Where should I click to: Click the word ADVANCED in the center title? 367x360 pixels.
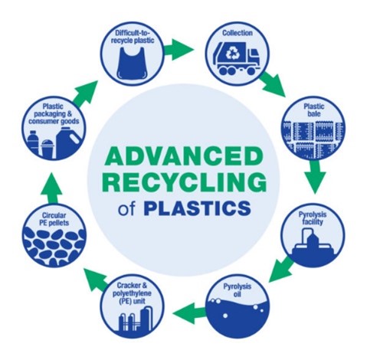pyautogui.click(x=184, y=155)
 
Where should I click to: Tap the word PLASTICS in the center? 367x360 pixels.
pyautogui.click(x=197, y=208)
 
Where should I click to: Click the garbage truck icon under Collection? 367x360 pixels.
pyautogui.click(x=237, y=59)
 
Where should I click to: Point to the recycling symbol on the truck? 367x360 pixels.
pyautogui.click(x=232, y=54)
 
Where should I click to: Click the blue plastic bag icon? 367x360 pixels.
pyautogui.click(x=132, y=64)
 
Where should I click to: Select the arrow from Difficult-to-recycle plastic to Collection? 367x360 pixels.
pyautogui.click(x=179, y=49)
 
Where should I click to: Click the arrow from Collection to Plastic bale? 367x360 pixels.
pyautogui.click(x=273, y=84)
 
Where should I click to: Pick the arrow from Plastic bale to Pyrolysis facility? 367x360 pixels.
pyautogui.click(x=315, y=176)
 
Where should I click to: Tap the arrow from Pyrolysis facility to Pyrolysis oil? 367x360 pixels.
pyautogui.click(x=281, y=269)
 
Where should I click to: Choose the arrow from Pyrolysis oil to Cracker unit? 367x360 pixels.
pyautogui.click(x=189, y=313)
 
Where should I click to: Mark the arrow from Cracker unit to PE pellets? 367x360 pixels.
pyautogui.click(x=97, y=278)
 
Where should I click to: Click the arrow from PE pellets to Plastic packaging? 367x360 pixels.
pyautogui.click(x=51, y=188)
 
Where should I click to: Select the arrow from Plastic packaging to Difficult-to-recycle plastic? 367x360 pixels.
pyautogui.click(x=85, y=93)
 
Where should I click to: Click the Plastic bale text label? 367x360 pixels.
pyautogui.click(x=314, y=110)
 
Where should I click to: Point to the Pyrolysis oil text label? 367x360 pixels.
pyautogui.click(x=238, y=290)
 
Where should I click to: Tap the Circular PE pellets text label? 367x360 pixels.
pyautogui.click(x=54, y=219)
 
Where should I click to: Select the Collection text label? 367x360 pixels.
pyautogui.click(x=238, y=33)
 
